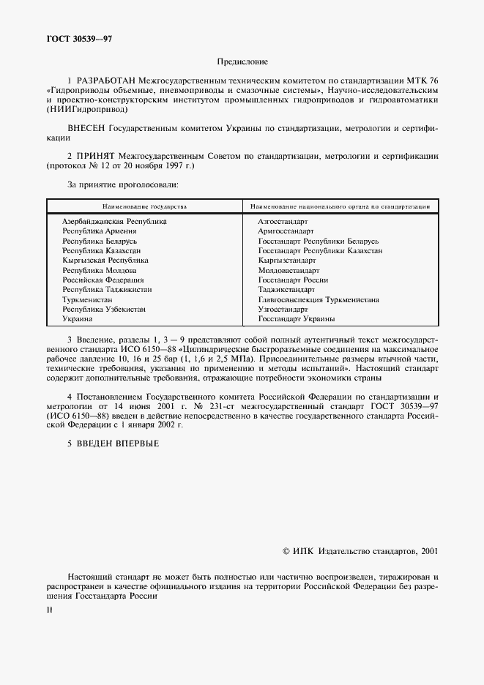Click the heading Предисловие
point(242,62)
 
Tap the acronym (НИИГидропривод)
point(86,110)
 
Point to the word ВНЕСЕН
point(86,127)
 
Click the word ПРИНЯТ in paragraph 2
point(97,156)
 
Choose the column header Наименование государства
point(144,207)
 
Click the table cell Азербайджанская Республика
point(114,221)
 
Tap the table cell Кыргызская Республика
point(105,261)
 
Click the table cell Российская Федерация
point(103,280)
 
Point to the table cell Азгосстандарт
point(283,221)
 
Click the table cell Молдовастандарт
point(288,270)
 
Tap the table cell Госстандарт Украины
point(297,320)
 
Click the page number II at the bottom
point(49,610)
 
